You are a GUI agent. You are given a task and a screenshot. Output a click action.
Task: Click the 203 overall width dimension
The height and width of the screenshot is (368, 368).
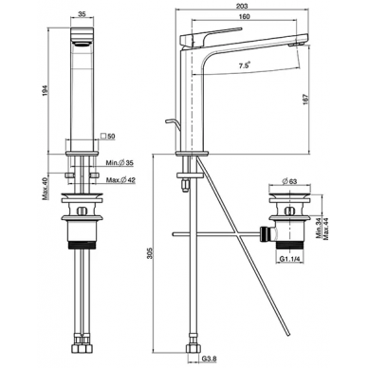point(242,6)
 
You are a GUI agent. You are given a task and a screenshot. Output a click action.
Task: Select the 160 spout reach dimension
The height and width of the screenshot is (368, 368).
point(245,16)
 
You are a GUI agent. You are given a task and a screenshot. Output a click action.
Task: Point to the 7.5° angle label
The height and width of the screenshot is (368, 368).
point(244,65)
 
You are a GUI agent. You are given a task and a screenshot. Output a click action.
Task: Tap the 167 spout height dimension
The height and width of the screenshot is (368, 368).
point(305,100)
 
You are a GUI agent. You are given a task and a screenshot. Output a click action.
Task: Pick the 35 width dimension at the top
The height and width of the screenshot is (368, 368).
point(82,14)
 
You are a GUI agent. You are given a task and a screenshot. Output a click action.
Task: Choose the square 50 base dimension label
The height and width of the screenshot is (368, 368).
point(108,137)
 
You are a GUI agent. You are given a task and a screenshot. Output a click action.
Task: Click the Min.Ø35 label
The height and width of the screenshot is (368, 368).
point(120,163)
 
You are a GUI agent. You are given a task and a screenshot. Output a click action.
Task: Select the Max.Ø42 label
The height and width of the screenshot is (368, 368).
point(120,180)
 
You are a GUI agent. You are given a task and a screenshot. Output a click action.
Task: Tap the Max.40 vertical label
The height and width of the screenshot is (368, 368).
point(45,189)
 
